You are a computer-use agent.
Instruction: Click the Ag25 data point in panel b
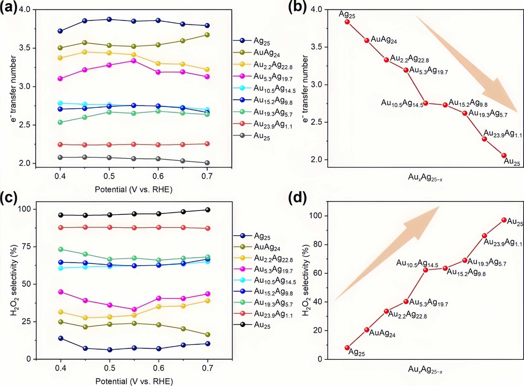click(x=347, y=22)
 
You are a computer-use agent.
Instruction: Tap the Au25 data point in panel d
click(x=504, y=220)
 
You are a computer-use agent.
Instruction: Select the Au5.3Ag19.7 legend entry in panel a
click(x=273, y=76)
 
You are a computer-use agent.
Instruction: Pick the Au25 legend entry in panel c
click(x=262, y=325)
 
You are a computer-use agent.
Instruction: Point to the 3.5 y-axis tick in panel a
click(x=25, y=48)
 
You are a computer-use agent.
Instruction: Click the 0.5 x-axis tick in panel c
click(x=110, y=368)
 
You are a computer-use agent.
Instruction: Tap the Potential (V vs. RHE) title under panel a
click(x=134, y=189)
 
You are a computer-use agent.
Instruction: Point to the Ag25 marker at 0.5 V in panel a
click(x=109, y=19)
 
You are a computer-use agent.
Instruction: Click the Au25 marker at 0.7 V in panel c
click(x=208, y=210)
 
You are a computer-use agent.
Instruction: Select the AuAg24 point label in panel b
click(x=384, y=40)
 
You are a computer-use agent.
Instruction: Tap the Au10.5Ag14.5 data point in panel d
click(x=425, y=270)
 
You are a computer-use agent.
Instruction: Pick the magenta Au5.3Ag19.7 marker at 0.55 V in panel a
click(x=134, y=61)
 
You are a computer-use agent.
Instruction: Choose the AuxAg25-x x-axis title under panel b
click(x=425, y=178)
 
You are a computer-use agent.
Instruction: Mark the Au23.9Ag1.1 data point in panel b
click(x=484, y=139)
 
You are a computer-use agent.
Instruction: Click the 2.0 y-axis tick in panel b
click(x=316, y=159)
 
